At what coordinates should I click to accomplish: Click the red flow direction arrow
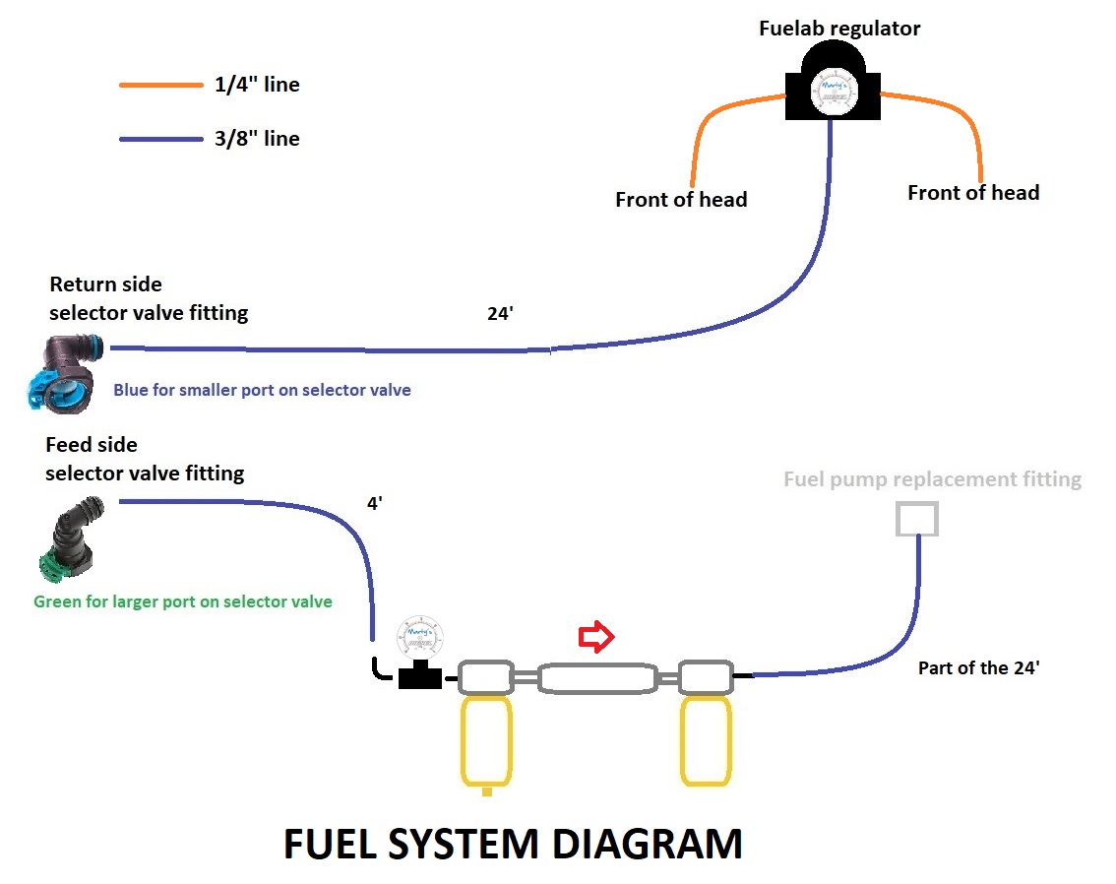[x=596, y=638]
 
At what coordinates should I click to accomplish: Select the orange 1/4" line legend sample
[x=160, y=86]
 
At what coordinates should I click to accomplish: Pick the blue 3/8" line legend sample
[x=160, y=140]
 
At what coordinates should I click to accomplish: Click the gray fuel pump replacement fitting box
[x=916, y=519]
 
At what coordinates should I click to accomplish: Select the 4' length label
[x=374, y=503]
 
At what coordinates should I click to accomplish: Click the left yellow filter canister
[x=485, y=742]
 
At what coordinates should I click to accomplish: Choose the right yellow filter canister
[x=706, y=742]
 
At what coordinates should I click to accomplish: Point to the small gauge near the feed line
[x=420, y=639]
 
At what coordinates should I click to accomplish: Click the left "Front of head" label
[x=681, y=200]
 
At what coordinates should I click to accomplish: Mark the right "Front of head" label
[x=973, y=193]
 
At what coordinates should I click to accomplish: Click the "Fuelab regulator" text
[x=839, y=29]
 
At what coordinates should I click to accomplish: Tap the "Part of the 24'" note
[x=979, y=667]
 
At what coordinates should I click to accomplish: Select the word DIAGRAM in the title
[x=647, y=845]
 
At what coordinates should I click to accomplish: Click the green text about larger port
[x=183, y=601]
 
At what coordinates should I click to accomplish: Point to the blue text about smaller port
[x=262, y=390]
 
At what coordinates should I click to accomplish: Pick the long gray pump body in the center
[x=597, y=678]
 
